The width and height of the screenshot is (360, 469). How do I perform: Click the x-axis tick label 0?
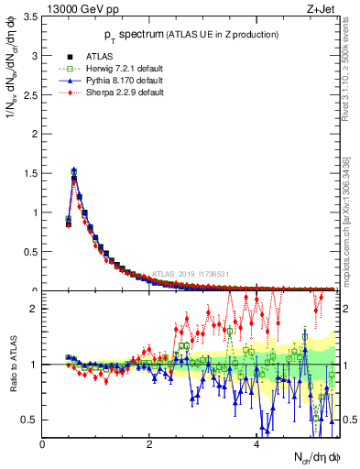42,444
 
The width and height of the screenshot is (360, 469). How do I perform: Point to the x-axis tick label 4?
256,444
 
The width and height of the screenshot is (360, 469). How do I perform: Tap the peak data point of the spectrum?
73,170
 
